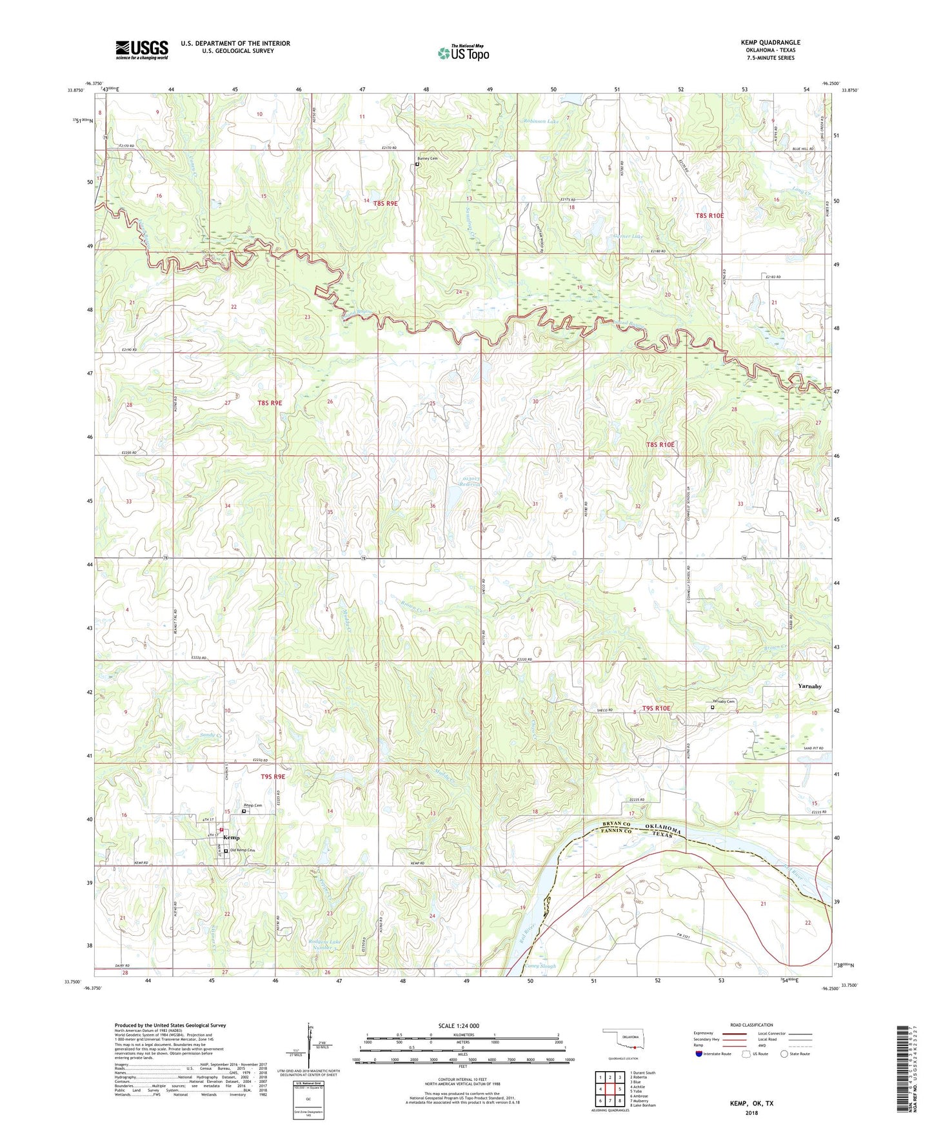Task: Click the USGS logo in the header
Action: [x=141, y=50]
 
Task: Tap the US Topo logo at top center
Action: [x=463, y=53]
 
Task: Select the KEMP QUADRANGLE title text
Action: [x=770, y=43]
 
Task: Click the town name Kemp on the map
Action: [x=231, y=838]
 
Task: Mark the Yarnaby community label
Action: [x=809, y=686]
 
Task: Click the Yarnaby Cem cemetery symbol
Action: [x=712, y=707]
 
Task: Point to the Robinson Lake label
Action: [x=542, y=121]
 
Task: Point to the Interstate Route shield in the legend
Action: [x=699, y=1054]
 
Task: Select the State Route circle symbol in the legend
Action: [x=784, y=1054]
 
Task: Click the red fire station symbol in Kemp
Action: [x=221, y=830]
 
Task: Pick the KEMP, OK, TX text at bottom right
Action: [x=751, y=1103]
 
